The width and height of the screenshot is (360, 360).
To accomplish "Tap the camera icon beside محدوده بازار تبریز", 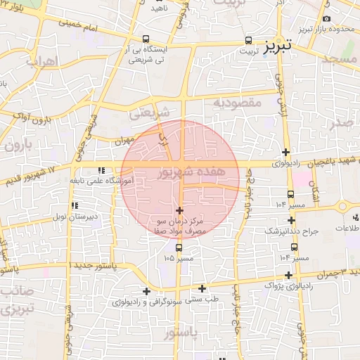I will (x=326, y=18).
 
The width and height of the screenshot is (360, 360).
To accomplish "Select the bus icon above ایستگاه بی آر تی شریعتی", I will (x=146, y=39).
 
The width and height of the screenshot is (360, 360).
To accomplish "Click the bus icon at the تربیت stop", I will (x=247, y=41).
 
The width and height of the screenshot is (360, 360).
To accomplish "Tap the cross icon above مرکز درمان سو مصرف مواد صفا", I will (x=179, y=210).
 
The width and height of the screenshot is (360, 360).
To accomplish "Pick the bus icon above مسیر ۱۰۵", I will (x=179, y=248).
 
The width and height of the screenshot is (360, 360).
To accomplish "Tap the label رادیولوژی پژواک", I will (x=290, y=285).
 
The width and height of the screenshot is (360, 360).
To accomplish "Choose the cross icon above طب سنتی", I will (x=202, y=288).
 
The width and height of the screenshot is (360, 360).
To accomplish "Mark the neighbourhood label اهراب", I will (x=40, y=62).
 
